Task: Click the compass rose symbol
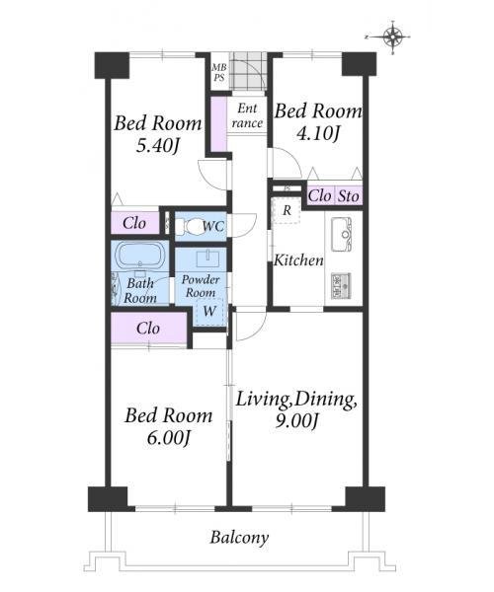tap(393, 37)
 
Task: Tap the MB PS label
tap(218, 72)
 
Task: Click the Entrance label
tap(247, 115)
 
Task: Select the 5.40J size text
tap(157, 146)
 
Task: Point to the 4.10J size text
tap(318, 133)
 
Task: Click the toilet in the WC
tap(193, 227)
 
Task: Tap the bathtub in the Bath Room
tap(140, 255)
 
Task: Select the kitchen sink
tap(342, 235)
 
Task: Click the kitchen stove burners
tap(341, 286)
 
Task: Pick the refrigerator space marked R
tap(287, 210)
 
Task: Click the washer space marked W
tap(209, 311)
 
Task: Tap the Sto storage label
tap(348, 196)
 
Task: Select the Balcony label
tap(239, 538)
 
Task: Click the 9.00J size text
tap(296, 420)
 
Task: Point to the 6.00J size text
tap(168, 437)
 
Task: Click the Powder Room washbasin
tap(207, 259)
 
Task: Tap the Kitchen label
tap(298, 260)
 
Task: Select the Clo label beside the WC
tap(134, 223)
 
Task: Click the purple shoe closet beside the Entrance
tap(218, 124)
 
